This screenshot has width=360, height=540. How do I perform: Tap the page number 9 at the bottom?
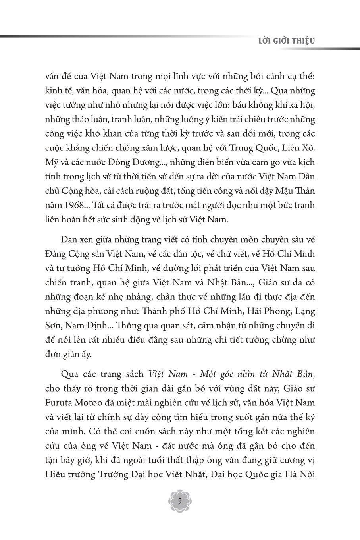[180, 501]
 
